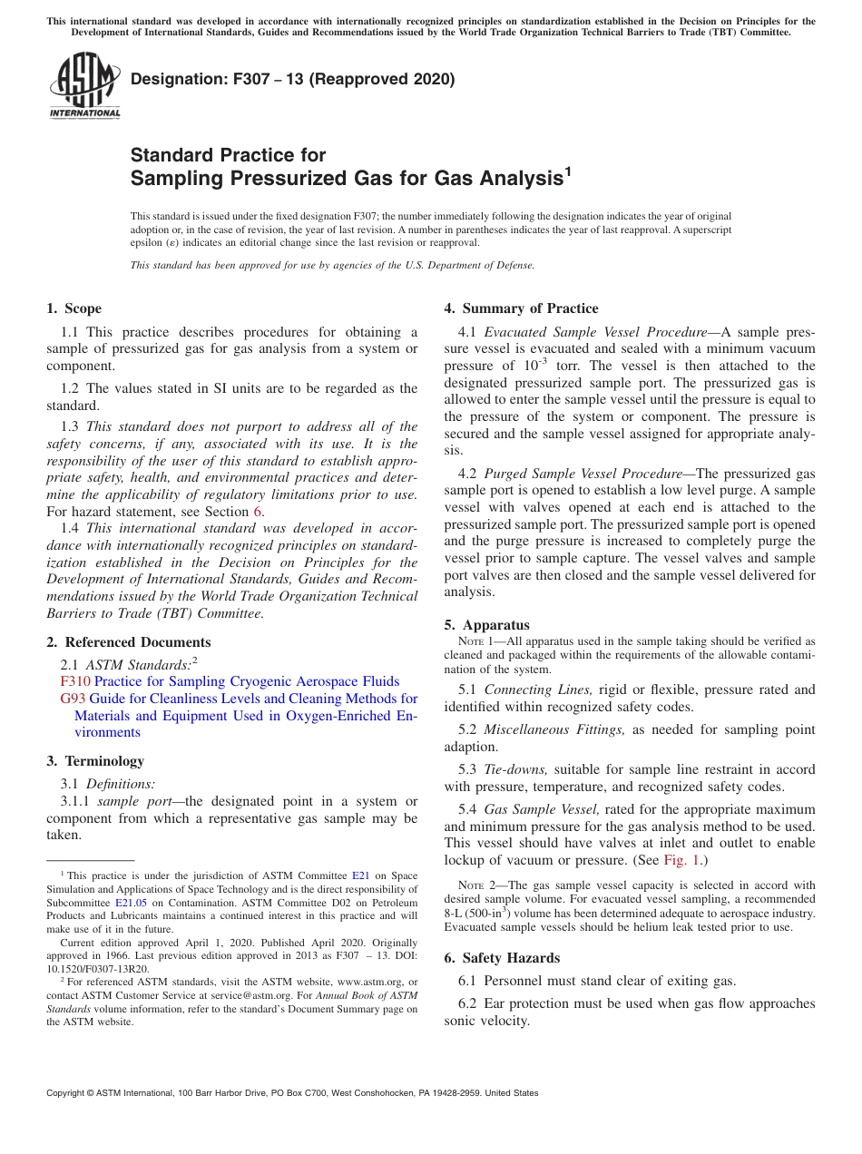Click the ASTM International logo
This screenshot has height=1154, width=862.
[84, 85]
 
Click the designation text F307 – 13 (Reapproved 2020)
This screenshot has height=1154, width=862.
[292, 79]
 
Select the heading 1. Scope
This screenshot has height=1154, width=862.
[74, 308]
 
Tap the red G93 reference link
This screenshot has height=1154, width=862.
[73, 699]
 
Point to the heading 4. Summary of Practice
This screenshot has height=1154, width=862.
[521, 308]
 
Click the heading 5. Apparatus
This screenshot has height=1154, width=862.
[486, 625]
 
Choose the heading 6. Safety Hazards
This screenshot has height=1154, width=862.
[502, 958]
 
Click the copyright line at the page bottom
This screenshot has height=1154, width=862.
[292, 1093]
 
